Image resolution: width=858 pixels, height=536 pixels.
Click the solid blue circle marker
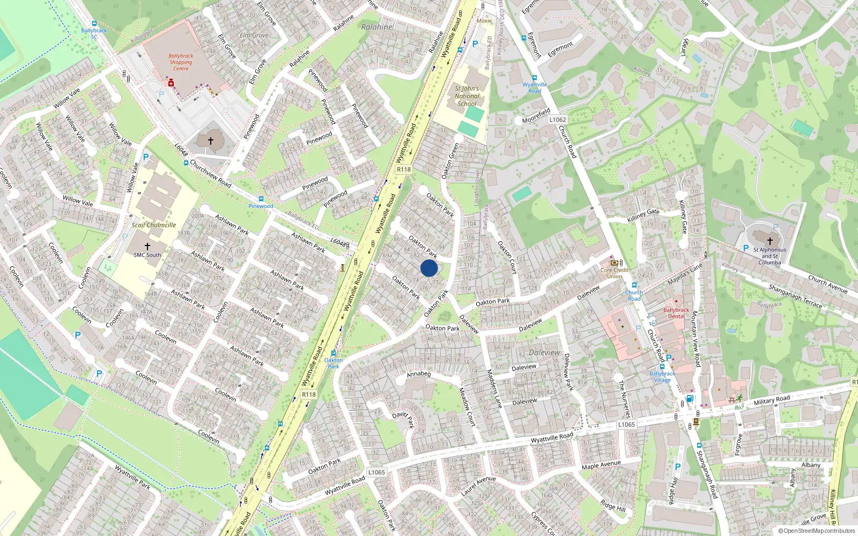[x=429, y=268]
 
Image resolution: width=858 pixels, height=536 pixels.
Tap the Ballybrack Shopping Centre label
[x=181, y=62]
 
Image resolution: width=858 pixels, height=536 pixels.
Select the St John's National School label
[x=467, y=96]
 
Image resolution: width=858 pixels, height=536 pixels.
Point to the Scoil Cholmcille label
[x=154, y=225]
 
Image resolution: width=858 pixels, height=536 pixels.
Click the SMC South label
[x=147, y=255]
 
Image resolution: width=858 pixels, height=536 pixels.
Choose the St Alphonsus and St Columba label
[x=770, y=256]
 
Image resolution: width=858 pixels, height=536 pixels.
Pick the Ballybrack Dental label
[x=676, y=313]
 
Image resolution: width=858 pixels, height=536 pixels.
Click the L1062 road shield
[x=558, y=120]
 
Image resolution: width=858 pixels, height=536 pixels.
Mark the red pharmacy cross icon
[x=171, y=83]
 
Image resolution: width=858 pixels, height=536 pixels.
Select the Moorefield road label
[x=536, y=116]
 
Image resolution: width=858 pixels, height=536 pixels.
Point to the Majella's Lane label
[x=685, y=274]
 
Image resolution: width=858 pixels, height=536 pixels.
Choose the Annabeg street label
[x=419, y=374]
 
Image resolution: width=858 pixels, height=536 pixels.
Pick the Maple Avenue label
[x=601, y=465]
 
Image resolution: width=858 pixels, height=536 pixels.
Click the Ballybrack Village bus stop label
[x=662, y=377]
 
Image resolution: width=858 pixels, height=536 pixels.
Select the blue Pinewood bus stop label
[x=261, y=206]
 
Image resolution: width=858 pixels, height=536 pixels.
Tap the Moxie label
[x=484, y=21]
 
